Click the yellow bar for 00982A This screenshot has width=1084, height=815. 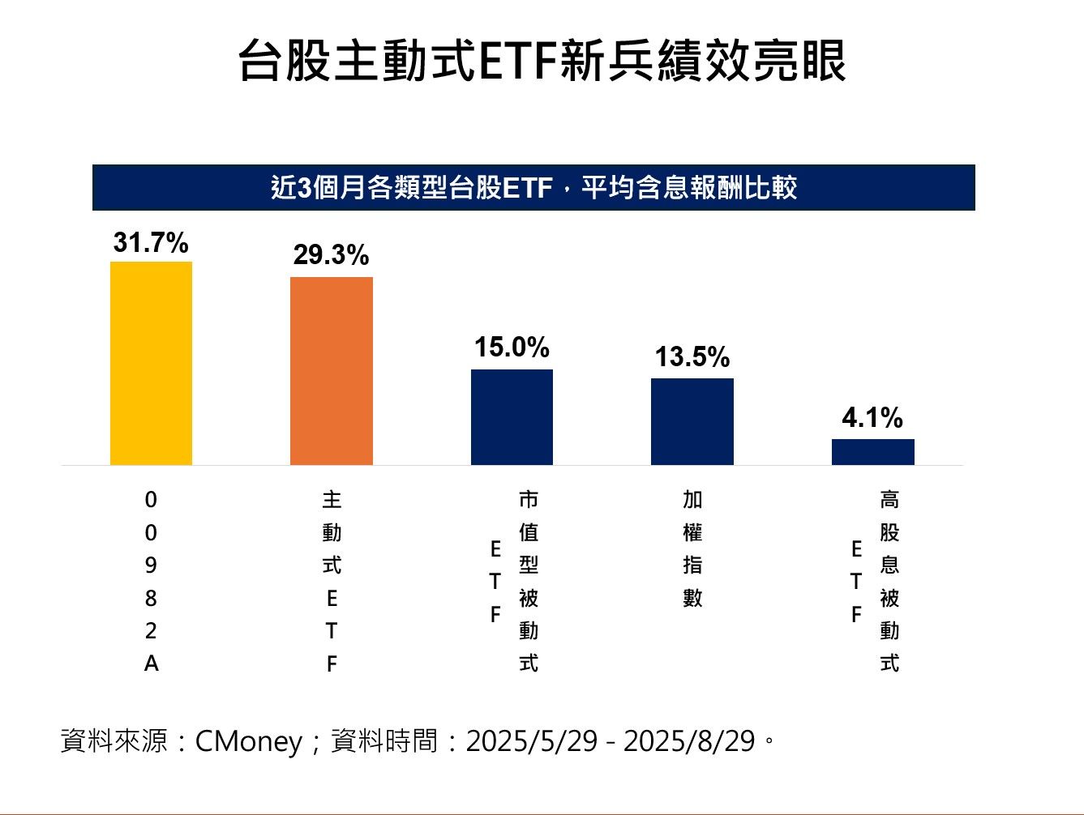point(151,363)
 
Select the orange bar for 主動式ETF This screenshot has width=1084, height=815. point(332,371)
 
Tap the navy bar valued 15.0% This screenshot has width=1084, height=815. point(512,417)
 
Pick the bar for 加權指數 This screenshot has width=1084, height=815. point(692,421)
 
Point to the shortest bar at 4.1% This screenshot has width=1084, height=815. point(872,452)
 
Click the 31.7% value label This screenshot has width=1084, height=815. point(151,242)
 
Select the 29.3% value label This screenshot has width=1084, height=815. point(331,255)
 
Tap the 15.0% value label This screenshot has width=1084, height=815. point(512,348)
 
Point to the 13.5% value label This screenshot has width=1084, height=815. point(692,357)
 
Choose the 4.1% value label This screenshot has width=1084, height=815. point(872,418)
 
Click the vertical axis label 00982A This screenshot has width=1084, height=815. point(151,582)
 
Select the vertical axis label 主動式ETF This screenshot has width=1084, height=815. point(332,582)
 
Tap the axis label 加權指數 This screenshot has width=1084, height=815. point(692,549)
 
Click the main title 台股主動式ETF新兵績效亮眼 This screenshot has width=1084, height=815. point(542,61)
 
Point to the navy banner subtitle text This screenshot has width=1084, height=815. point(533,188)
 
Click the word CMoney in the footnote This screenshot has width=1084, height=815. point(248,740)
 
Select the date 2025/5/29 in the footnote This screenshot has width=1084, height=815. point(532,740)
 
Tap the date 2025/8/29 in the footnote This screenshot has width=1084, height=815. point(689,740)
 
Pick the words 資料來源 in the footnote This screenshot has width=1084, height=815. point(114,740)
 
